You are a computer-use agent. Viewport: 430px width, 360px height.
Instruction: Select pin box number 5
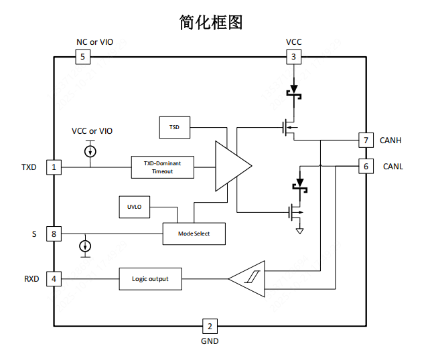coord(82,57)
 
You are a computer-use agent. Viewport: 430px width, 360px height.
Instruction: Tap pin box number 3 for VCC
coord(293,57)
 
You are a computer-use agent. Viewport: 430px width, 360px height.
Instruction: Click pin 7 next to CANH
coord(366,141)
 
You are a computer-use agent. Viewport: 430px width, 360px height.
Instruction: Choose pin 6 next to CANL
coord(366,166)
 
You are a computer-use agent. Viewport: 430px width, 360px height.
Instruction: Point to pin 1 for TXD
coord(54,166)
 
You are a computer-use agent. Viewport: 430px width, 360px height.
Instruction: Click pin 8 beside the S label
coord(54,234)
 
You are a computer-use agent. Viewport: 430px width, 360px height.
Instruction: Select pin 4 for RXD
coord(54,278)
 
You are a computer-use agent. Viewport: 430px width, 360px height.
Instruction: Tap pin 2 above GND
coord(210,327)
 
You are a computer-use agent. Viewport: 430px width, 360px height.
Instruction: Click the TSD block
coord(174,126)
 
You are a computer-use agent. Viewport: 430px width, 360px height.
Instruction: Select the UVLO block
coord(135,207)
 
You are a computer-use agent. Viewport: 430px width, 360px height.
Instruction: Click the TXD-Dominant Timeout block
coord(162,167)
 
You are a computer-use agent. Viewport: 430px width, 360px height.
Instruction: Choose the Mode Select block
coord(194,234)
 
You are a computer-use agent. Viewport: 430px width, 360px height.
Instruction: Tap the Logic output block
coord(150,278)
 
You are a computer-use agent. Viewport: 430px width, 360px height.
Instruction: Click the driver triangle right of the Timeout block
coord(230,166)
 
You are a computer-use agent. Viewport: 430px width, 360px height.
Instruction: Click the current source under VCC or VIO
coord(90,152)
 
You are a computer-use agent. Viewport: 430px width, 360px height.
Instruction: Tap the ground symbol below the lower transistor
coord(299,232)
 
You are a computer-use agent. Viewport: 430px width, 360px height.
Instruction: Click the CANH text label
coord(390,141)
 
